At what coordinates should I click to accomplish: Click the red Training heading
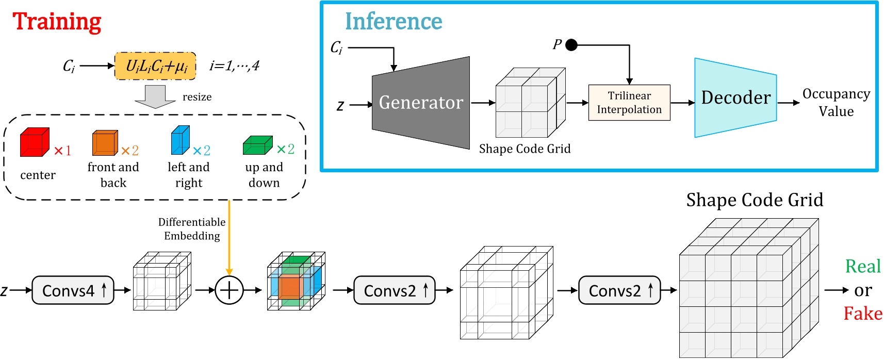click(57, 22)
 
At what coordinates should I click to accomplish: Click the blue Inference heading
click(394, 22)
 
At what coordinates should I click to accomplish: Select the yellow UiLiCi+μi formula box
click(155, 66)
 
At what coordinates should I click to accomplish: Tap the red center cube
click(35, 142)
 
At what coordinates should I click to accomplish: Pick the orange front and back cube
click(105, 143)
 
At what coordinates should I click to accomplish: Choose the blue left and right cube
click(181, 140)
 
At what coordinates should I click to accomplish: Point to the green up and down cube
click(257, 146)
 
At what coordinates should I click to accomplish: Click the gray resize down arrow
click(155, 96)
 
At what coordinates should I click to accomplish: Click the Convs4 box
click(73, 290)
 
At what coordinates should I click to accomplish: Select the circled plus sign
click(229, 290)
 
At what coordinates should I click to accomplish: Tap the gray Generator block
click(421, 103)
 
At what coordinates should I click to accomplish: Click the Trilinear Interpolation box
click(629, 103)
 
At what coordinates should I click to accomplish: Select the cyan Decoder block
click(735, 97)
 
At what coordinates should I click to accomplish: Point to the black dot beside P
click(571, 45)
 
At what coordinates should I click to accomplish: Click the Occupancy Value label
click(836, 102)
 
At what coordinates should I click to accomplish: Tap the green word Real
click(862, 267)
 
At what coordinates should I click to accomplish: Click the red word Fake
click(862, 314)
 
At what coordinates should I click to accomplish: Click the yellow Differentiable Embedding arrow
click(229, 237)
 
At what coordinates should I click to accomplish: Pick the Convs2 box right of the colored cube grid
click(395, 290)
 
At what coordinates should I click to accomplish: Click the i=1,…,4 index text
click(234, 66)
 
